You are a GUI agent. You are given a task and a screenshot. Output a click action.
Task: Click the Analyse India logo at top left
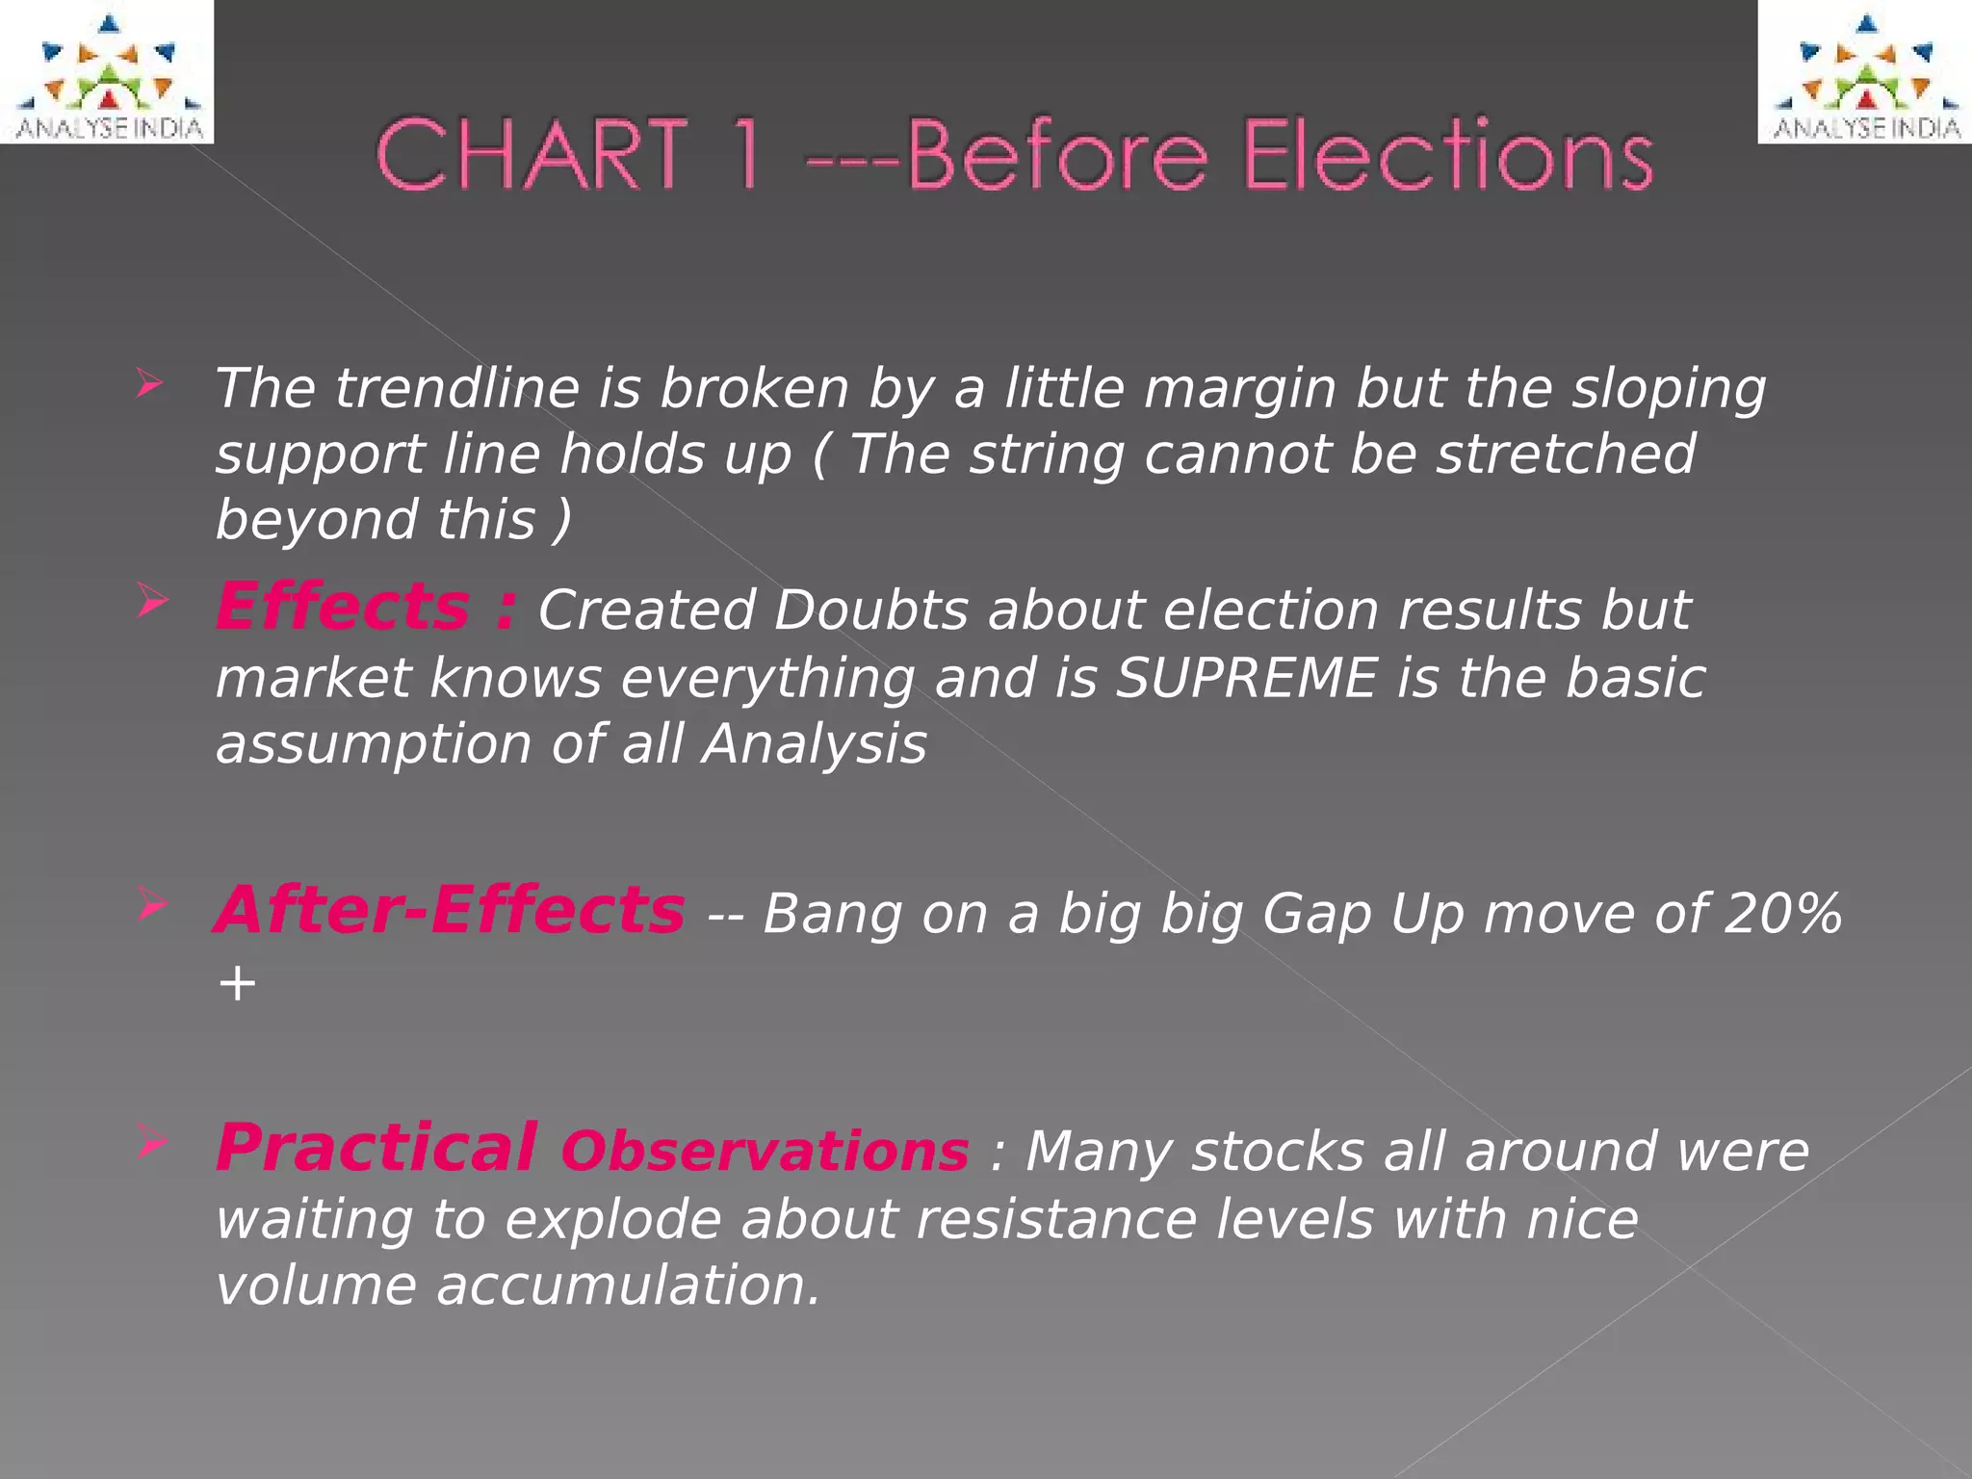pyautogui.click(x=107, y=72)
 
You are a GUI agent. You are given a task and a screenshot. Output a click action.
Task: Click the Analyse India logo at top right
pyautogui.click(x=1864, y=72)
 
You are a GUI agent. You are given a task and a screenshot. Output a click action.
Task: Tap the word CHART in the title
pyautogui.click(x=532, y=154)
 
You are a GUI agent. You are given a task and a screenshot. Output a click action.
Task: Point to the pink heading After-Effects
pyautogui.click(x=450, y=910)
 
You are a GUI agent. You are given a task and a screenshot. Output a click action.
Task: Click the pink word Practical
pyautogui.click(x=376, y=1148)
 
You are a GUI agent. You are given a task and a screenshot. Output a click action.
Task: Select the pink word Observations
pyautogui.click(x=765, y=1152)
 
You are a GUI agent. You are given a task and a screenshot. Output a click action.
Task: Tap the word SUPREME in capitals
pyautogui.click(x=1246, y=677)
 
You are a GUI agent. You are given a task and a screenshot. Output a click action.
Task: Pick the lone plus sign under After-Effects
pyautogui.click(x=237, y=984)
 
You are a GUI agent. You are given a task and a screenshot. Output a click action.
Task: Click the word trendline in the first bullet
pyautogui.click(x=457, y=389)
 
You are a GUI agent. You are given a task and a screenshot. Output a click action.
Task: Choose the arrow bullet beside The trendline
pyautogui.click(x=150, y=384)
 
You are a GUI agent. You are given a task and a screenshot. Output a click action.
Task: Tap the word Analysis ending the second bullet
pyautogui.click(x=814, y=744)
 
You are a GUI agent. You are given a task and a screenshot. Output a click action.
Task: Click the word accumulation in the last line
pyautogui.click(x=628, y=1285)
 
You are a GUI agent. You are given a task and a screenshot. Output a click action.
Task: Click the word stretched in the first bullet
pyautogui.click(x=1566, y=454)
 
